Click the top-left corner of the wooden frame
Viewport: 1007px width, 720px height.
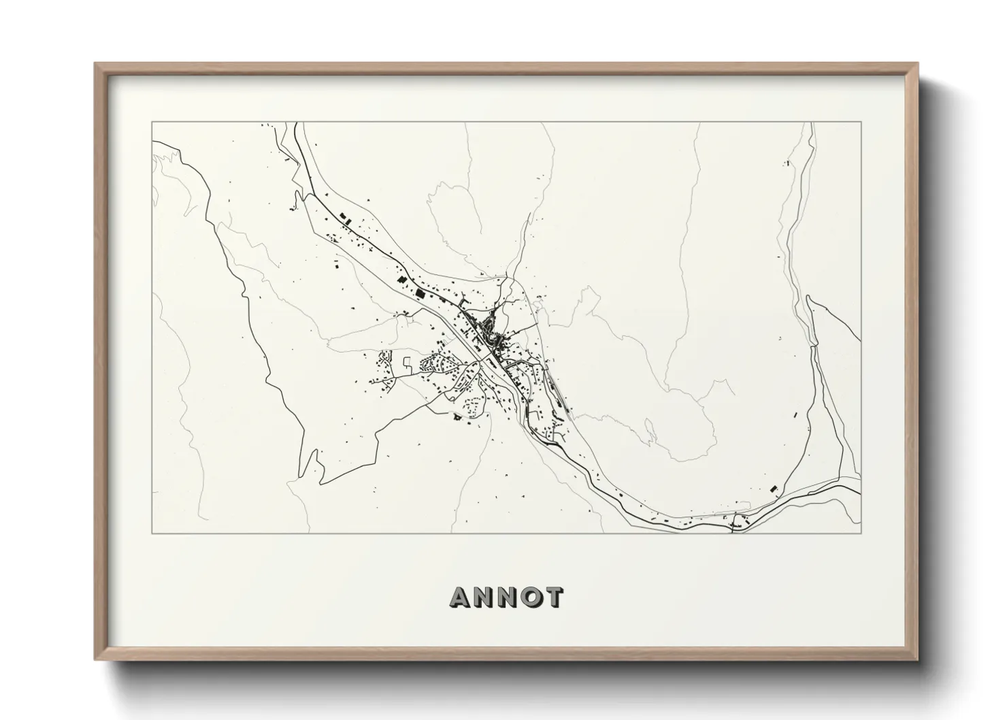[x=96, y=64]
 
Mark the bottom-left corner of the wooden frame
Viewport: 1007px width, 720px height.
[x=96, y=659]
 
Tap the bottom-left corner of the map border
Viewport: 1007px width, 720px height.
[x=152, y=534]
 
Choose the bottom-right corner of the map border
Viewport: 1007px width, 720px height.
[x=861, y=534]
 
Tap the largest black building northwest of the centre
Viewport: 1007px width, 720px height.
[x=420, y=294]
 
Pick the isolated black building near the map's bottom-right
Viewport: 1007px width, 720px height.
[x=773, y=488]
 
